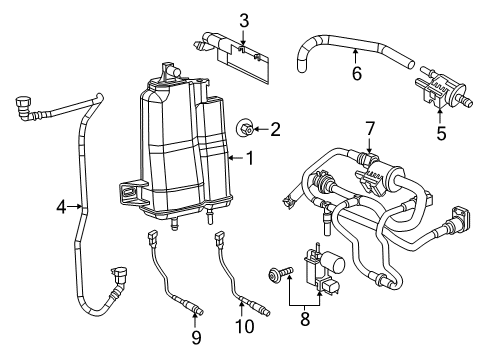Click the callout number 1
click(251, 157)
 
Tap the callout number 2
click(275, 127)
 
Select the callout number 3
click(243, 19)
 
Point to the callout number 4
click(62, 206)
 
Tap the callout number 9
click(195, 337)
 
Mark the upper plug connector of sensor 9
click(152, 240)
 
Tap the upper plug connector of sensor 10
click(215, 240)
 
